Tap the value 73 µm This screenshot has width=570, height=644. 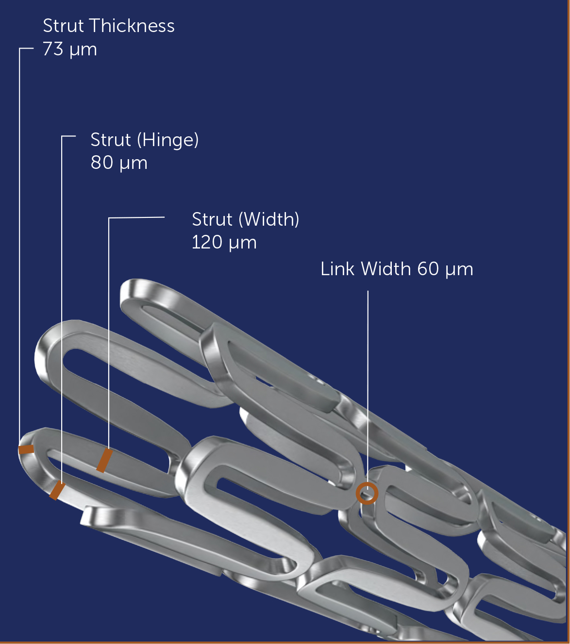[70, 49]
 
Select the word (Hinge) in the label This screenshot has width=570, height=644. [168, 140]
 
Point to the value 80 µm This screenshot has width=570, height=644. [119, 163]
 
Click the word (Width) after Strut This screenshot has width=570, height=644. [269, 219]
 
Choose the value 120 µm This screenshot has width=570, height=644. [224, 242]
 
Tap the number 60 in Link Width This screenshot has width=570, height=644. [428, 269]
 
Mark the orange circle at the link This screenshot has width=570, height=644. [367, 493]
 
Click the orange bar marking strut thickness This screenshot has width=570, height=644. [26, 449]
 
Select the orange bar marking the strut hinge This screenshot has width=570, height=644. [57, 491]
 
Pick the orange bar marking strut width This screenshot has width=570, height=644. [104, 461]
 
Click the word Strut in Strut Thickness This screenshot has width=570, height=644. [63, 26]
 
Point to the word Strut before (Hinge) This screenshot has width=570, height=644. [111, 140]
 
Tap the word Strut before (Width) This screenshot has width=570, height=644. [212, 219]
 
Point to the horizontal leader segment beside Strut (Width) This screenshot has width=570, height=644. [136, 218]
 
